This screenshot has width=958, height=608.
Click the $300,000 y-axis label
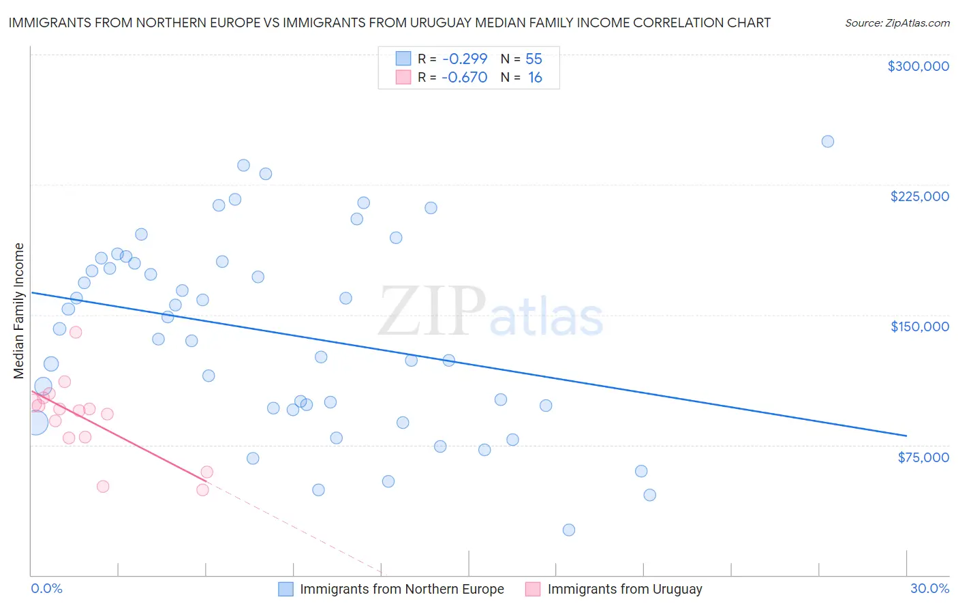[918, 66]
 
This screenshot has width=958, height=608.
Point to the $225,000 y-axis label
[919, 196]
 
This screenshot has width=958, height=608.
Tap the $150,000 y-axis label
[919, 326]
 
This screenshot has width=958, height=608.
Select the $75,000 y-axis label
[923, 457]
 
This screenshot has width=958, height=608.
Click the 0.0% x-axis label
[46, 588]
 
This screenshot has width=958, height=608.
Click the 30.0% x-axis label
[929, 588]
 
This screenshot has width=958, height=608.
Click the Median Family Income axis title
[19, 310]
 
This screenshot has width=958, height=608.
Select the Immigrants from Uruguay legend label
[624, 589]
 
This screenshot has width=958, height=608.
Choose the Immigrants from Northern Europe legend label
[401, 589]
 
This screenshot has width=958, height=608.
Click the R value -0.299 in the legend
[464, 59]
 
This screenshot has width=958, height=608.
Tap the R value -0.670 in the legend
[464, 78]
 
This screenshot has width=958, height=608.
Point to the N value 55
[534, 59]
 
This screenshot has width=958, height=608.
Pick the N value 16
[535, 78]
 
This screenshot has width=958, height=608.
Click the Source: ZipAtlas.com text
[897, 23]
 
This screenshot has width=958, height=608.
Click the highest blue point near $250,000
[827, 142]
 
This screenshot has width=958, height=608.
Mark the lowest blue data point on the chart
[569, 530]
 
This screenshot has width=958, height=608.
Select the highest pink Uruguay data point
[76, 332]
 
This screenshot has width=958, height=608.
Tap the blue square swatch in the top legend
[403, 59]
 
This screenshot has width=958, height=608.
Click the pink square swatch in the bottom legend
[533, 589]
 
